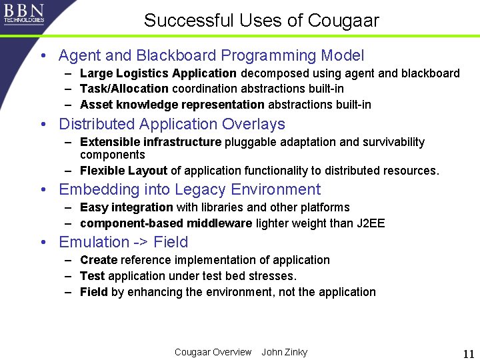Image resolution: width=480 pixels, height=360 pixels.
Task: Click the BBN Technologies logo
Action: (x=24, y=13)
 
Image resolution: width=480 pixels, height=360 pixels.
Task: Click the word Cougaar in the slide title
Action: (x=343, y=21)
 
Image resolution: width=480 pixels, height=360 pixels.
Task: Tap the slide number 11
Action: (x=468, y=353)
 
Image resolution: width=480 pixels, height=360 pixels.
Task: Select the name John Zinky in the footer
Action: (x=285, y=352)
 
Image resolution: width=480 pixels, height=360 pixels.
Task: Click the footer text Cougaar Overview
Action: (x=213, y=352)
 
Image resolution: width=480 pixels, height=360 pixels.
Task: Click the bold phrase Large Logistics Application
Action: (x=158, y=73)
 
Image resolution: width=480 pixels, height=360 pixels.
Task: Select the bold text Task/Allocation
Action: (x=124, y=89)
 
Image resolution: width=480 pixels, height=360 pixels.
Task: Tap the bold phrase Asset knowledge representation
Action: (x=172, y=105)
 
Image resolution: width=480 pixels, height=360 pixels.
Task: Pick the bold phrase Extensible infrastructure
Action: (x=151, y=142)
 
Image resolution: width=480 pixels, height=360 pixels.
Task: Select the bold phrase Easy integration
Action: (x=126, y=207)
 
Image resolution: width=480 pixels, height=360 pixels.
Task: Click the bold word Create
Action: (x=99, y=260)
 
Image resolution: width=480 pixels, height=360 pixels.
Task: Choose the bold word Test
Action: (x=92, y=276)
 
